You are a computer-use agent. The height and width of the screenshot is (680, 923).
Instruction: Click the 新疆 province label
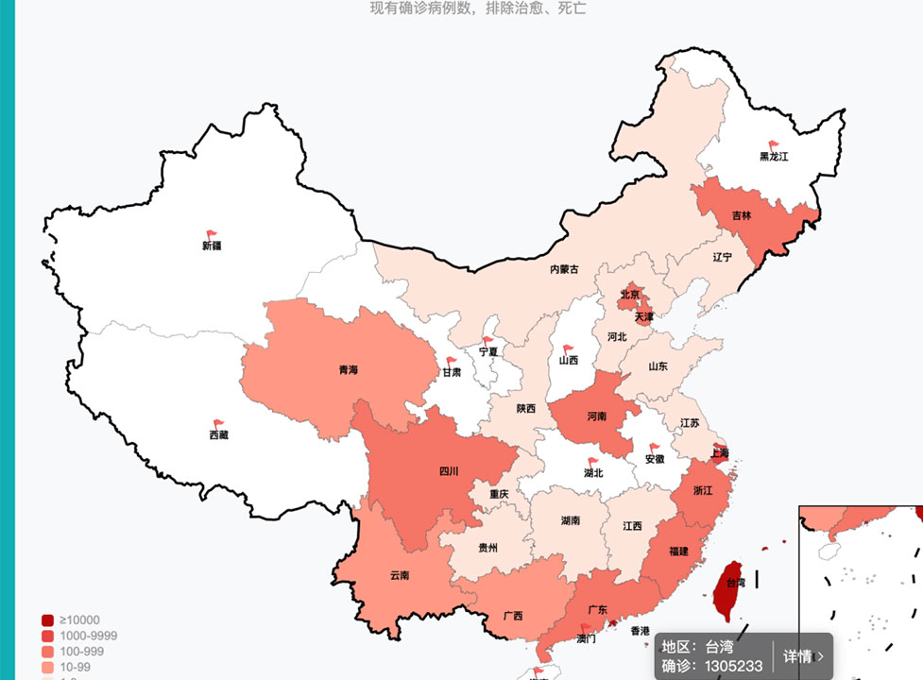211,246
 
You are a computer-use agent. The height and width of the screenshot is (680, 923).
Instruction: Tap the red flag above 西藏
219,424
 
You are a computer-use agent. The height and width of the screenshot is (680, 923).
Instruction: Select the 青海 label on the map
349,370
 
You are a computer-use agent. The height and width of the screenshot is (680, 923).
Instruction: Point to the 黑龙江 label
774,156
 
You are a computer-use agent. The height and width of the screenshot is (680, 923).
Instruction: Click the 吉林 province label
743,215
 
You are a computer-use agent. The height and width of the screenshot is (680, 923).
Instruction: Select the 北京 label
630,295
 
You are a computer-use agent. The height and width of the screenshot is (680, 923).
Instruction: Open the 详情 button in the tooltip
803,656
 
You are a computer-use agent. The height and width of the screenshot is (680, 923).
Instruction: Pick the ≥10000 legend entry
78,620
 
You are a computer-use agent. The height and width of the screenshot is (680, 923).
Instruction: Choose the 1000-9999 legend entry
88,636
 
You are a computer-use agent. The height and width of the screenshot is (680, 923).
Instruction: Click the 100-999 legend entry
81,652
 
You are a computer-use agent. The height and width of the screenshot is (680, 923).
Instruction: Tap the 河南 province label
596,416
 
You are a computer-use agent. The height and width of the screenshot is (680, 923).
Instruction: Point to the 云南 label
400,574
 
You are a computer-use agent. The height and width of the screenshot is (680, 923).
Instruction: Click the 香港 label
640,630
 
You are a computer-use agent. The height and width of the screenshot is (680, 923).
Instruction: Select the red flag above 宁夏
488,341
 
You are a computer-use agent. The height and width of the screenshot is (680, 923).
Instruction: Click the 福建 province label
678,551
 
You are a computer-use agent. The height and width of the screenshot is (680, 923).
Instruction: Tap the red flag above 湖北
593,462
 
